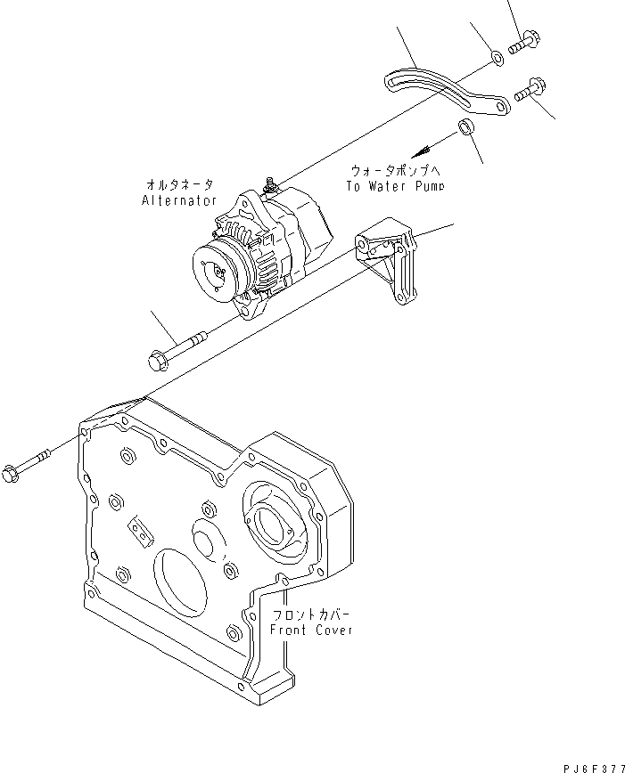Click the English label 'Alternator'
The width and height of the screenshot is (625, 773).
click(178, 200)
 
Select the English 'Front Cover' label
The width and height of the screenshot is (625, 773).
click(311, 630)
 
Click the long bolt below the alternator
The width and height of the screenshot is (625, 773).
click(178, 349)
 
